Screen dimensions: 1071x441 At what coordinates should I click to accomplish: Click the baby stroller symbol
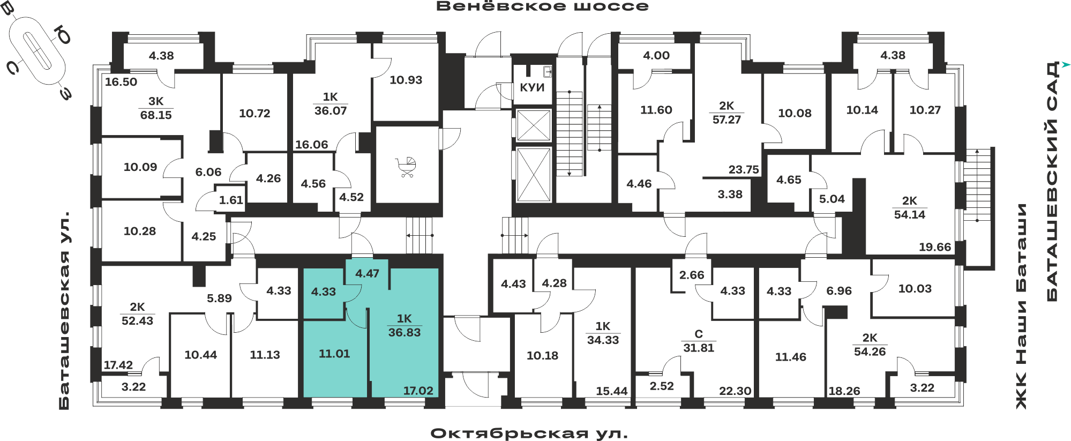[407, 167]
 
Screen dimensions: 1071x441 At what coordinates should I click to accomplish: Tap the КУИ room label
[532, 87]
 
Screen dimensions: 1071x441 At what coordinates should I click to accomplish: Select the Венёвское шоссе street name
[542, 6]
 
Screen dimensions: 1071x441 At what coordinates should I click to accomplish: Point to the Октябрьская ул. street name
[529, 433]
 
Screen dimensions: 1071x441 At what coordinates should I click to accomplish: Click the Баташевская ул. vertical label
[64, 311]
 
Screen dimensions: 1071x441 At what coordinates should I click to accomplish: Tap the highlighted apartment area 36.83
[405, 332]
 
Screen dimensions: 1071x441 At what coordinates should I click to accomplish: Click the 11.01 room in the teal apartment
[334, 354]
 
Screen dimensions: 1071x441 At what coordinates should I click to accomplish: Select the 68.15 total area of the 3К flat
[156, 115]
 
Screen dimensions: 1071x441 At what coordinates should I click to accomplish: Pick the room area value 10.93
[406, 80]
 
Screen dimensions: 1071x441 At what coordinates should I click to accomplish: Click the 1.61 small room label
[231, 200]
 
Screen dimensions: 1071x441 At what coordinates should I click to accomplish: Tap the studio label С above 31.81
[699, 334]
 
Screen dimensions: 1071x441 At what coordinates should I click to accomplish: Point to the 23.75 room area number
[744, 169]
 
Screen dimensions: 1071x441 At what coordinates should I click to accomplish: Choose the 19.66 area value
[935, 247]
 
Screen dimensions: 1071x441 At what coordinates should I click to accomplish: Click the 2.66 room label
[692, 275]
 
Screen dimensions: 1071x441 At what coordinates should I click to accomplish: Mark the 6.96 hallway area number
[839, 290]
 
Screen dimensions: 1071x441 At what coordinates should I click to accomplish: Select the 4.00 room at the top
[656, 55]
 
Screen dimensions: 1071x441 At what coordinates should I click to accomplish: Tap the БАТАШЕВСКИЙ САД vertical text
[1052, 181]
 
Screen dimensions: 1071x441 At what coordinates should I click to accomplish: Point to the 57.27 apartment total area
[727, 119]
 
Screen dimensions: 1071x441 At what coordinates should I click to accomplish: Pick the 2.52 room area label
[662, 386]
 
